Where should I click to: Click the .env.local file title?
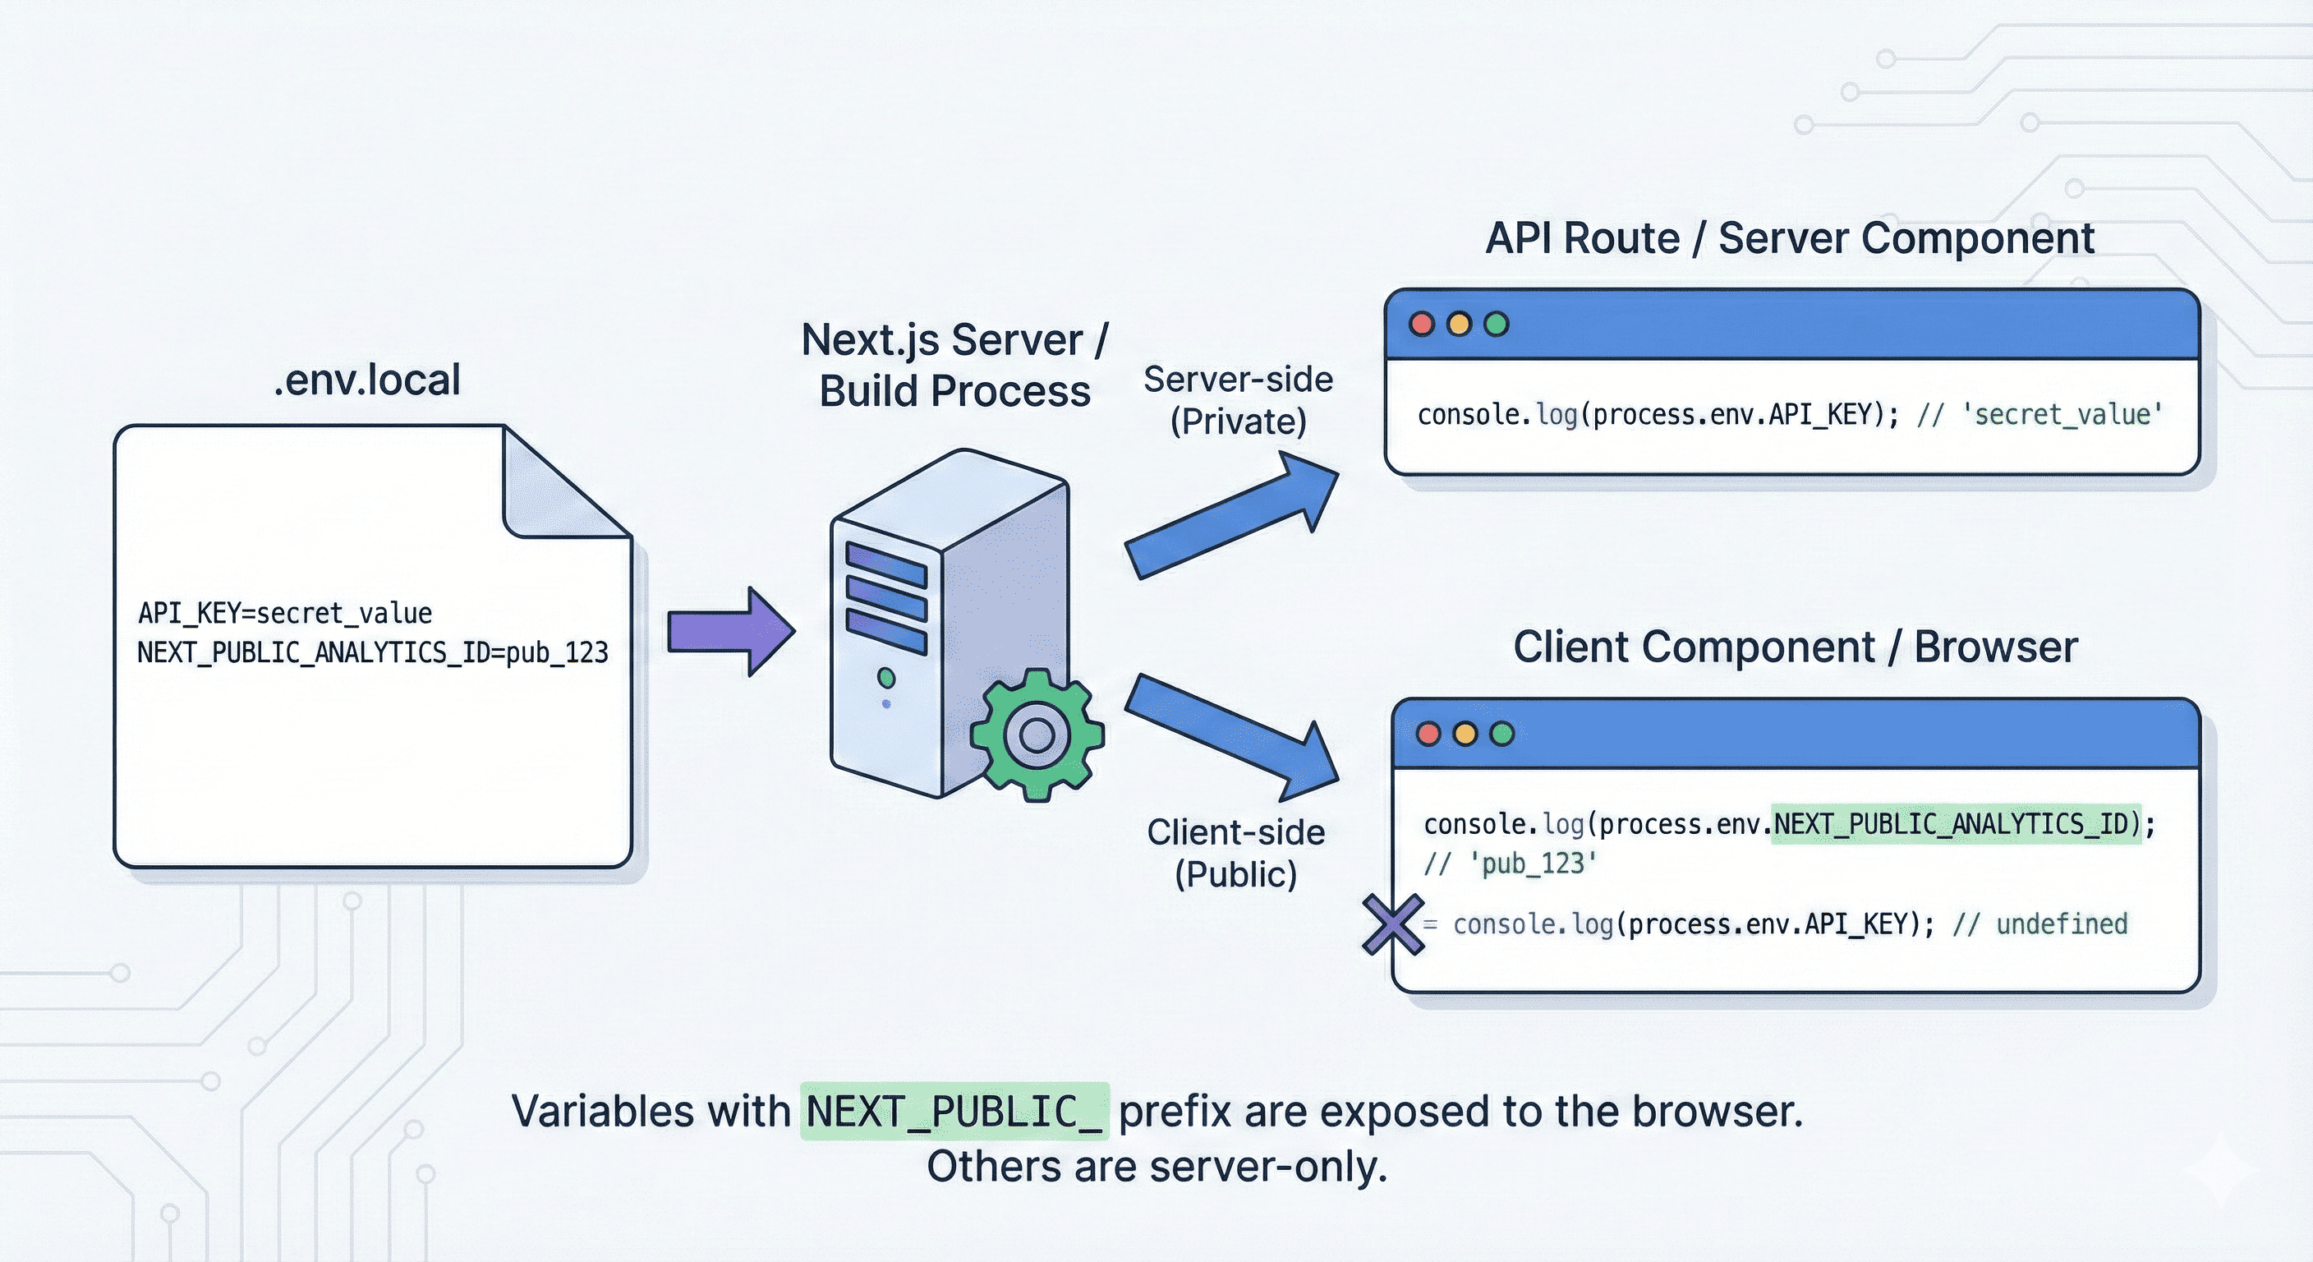pyautogui.click(x=366, y=380)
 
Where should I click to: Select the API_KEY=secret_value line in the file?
pyautogui.click(x=285, y=614)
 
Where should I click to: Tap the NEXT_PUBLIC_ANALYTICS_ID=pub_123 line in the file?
pyautogui.click(x=373, y=652)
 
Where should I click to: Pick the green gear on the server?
pyautogui.click(x=1037, y=735)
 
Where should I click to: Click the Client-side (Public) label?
pyautogui.click(x=1236, y=854)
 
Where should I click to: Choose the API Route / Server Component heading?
pyautogui.click(x=1790, y=239)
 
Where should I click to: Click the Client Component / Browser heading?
pyautogui.click(x=1795, y=647)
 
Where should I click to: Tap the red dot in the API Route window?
pyautogui.click(x=1421, y=325)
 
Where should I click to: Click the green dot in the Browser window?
pyautogui.click(x=1501, y=734)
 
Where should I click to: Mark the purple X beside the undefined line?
pyautogui.click(x=1393, y=924)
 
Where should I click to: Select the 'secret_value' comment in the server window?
pyautogui.click(x=2062, y=415)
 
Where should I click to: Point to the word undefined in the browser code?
pyautogui.click(x=2062, y=924)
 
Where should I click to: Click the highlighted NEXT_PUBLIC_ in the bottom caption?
pyautogui.click(x=954, y=1112)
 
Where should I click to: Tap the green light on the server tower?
pyautogui.click(x=886, y=677)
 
